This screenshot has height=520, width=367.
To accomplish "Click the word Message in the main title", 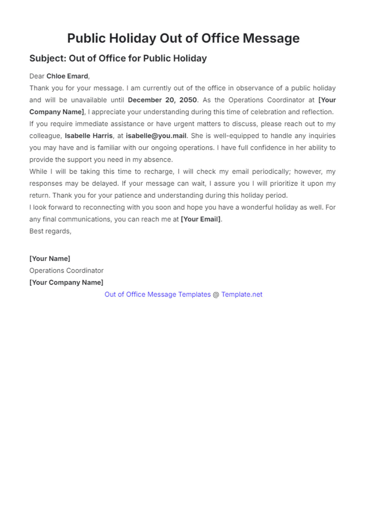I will pos(271,39).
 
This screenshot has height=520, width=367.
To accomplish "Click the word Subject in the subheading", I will pos(47,58).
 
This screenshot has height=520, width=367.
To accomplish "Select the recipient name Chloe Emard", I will pos(67,76).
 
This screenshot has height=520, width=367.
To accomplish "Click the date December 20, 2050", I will pos(162,100).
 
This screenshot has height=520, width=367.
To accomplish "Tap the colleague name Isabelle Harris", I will pos(89,136).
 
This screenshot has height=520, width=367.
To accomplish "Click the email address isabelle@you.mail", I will pos(156,136).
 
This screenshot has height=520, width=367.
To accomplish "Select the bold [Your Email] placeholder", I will pos(201,219).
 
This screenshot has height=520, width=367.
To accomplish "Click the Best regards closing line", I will pos(50,231).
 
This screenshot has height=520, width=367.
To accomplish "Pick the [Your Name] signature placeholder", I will pos(50,259).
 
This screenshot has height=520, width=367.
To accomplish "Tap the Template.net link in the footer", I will pos(242,294).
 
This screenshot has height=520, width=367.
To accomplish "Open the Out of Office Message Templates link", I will pos(158,294).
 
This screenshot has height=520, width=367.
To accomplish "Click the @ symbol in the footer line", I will pos(216,294).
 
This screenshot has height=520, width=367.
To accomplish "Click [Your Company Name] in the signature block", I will pos(66,282).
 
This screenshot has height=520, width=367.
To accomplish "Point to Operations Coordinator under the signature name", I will pos(66,271).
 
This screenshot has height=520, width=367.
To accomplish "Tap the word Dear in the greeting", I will pos(37,76).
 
